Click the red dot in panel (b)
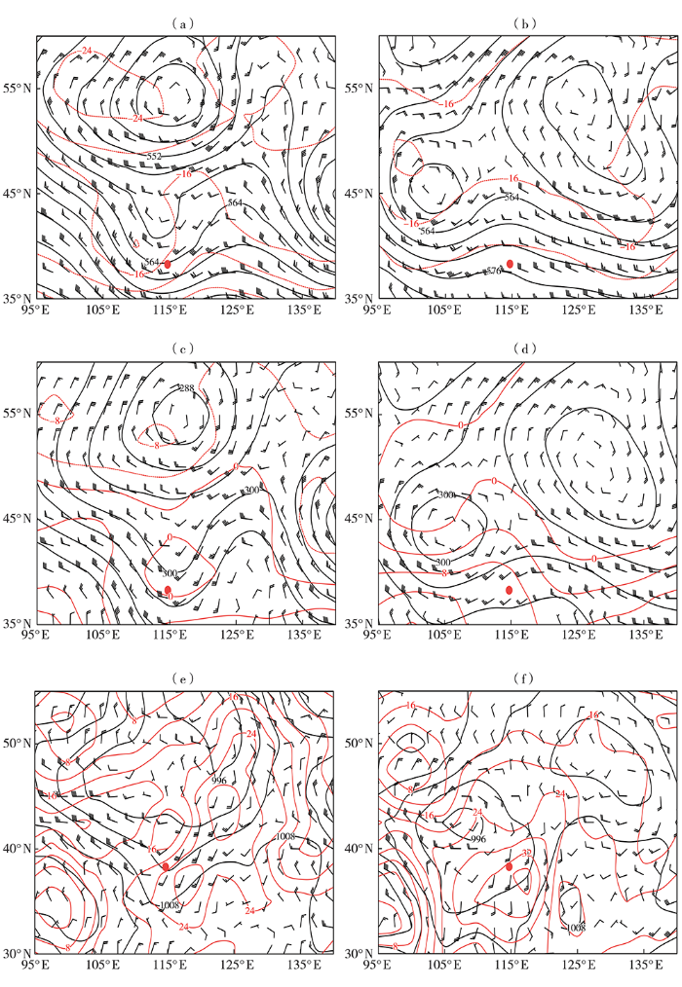pyautogui.click(x=510, y=264)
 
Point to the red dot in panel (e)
pyautogui.click(x=167, y=866)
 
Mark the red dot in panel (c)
pyautogui.click(x=168, y=590)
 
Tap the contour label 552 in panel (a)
pyautogui.click(x=154, y=157)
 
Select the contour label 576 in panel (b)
pyautogui.click(x=493, y=270)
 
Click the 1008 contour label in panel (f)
pyautogui.click(x=575, y=928)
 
